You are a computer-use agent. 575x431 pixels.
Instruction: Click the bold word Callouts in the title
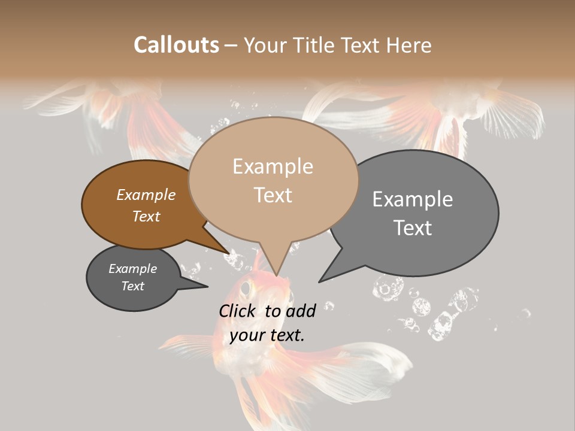(176, 45)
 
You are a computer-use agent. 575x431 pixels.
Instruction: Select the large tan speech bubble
(273, 180)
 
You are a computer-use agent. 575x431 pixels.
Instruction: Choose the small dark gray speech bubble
(132, 278)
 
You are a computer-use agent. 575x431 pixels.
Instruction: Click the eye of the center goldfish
(246, 289)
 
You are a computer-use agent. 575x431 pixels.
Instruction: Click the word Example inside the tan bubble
(273, 166)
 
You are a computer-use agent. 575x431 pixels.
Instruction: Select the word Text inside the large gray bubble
(413, 227)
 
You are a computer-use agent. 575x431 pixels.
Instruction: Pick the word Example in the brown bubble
(146, 195)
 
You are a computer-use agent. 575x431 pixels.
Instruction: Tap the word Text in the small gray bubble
(132, 286)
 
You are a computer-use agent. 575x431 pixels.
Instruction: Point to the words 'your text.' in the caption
(267, 335)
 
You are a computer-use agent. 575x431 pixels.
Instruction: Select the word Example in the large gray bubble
(413, 199)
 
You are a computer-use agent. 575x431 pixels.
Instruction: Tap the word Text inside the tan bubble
(273, 195)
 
